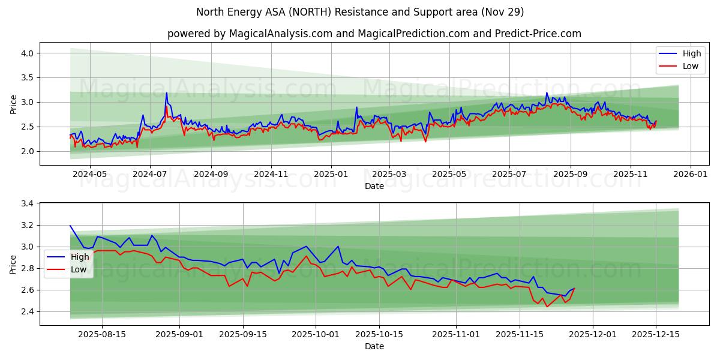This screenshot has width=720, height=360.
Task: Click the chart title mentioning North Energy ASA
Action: coord(360,12)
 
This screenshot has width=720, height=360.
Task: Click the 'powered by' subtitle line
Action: coord(374,34)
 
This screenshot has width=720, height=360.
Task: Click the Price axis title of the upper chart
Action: coord(13,104)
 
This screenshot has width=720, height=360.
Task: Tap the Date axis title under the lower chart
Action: coord(374,346)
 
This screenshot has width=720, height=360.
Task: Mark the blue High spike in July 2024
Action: coord(166,93)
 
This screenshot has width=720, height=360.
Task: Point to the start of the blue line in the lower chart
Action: coord(70,226)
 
